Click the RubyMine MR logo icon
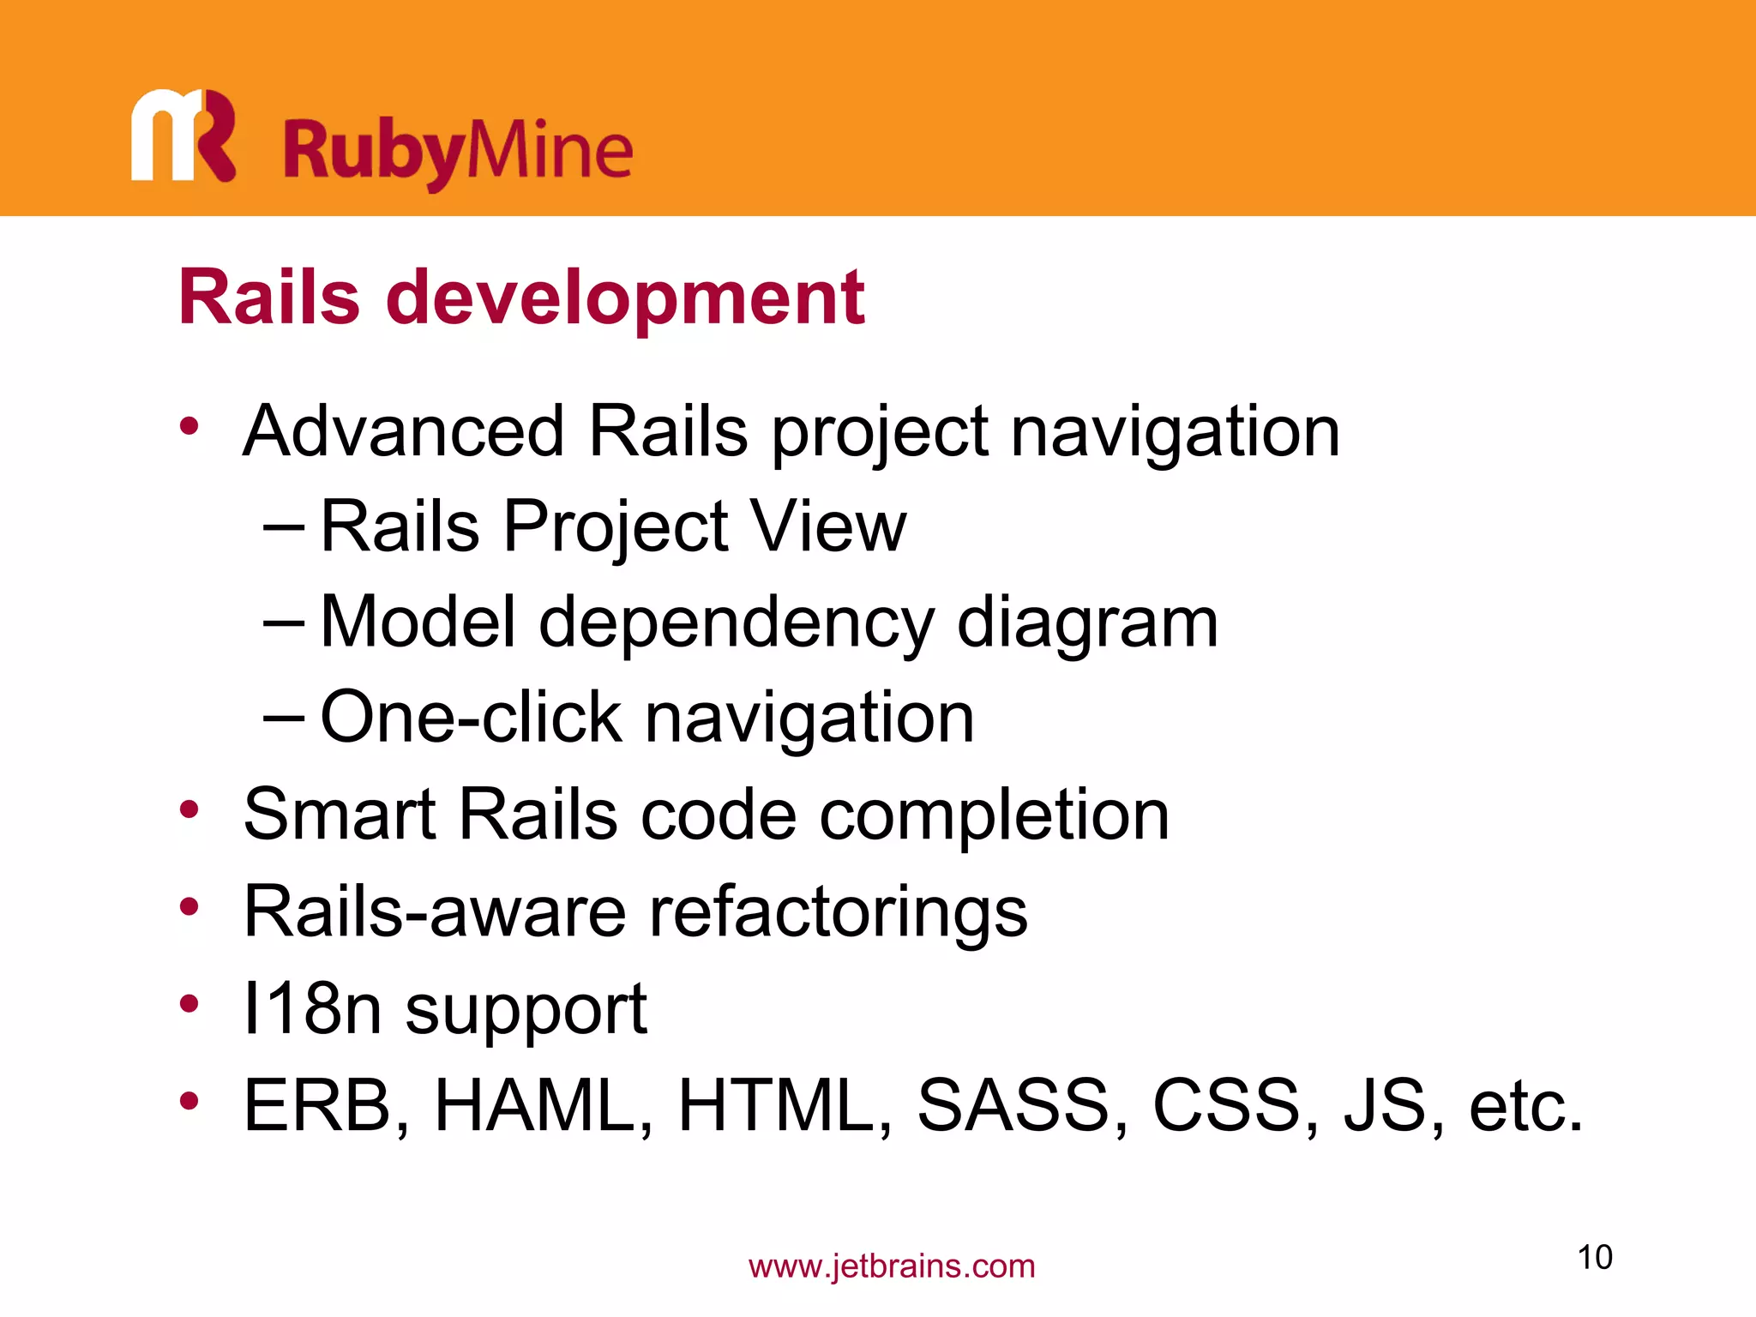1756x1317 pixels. pyautogui.click(x=183, y=135)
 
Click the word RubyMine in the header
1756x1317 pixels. pyautogui.click(x=458, y=151)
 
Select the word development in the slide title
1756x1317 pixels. pyautogui.click(x=625, y=298)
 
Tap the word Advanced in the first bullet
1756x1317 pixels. pyautogui.click(x=404, y=430)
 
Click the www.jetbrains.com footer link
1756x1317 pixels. pyautogui.click(x=892, y=1266)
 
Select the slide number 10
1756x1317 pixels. pyautogui.click(x=1595, y=1258)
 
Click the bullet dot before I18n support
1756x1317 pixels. pyautogui.click(x=189, y=1004)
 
